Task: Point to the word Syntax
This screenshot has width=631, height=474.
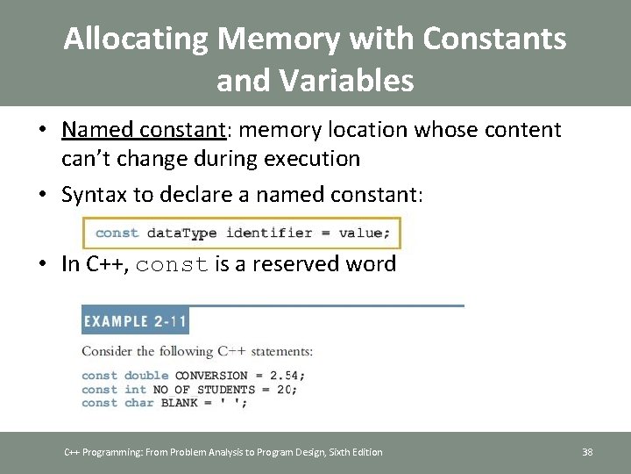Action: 97,194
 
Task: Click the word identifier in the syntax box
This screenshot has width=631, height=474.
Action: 269,233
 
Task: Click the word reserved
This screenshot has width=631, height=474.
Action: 291,264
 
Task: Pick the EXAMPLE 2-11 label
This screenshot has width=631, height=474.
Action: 135,320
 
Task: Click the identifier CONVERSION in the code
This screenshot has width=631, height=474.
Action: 211,376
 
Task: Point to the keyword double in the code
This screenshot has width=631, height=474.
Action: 146,376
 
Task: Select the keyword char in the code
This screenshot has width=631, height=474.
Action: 139,403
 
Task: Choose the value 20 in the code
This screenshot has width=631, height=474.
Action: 286,389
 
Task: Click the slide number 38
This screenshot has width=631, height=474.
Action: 587,452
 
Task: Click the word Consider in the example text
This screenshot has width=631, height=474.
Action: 106,351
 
